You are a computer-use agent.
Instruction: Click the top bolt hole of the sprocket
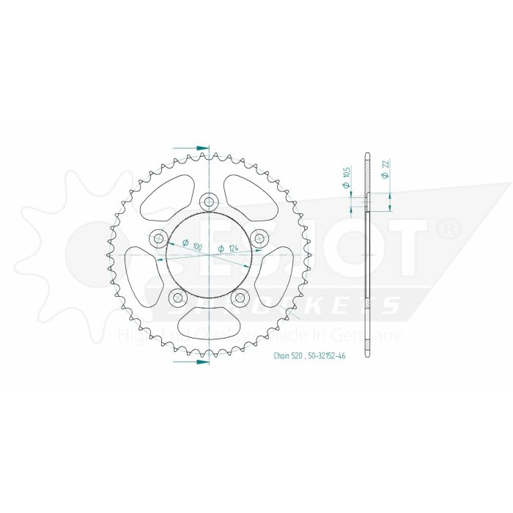point(209,202)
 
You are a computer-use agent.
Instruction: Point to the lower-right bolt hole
point(240,297)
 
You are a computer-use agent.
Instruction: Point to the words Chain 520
point(288,355)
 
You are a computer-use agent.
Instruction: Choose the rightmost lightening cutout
point(276,272)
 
